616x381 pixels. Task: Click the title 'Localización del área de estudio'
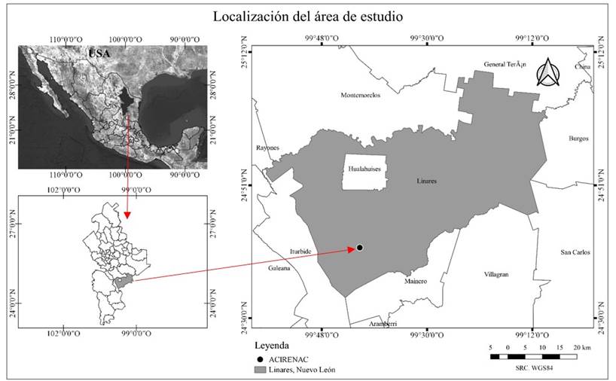point(308,16)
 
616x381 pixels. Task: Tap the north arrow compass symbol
point(548,72)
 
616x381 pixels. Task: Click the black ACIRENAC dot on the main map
point(360,248)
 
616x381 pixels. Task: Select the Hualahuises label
point(365,170)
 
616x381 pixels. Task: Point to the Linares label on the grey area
point(426,181)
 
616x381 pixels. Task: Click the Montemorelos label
point(361,96)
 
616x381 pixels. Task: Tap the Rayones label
point(267,148)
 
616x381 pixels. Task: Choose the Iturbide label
point(300,251)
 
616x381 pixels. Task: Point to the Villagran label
point(496,275)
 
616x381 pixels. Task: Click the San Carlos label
point(576,252)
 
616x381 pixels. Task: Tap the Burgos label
point(578,139)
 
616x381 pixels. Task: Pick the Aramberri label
point(383,324)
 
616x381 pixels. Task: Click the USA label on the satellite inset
point(99,53)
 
